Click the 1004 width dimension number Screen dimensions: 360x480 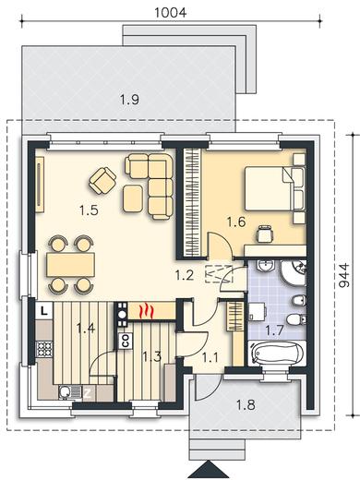pos(170,13)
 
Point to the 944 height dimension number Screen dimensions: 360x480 pos(344,275)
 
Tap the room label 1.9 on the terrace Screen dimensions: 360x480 pos(129,100)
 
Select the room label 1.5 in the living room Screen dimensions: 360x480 pos(89,210)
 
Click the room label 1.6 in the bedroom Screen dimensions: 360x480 pos(236,222)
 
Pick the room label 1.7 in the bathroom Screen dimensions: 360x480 pos(274,331)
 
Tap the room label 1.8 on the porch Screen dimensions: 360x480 pos(246,405)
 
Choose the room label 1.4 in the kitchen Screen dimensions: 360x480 pos(86,329)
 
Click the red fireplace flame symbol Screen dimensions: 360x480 pos(147,311)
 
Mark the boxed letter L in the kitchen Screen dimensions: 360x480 pos(44,310)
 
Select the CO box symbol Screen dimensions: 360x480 pos(126,342)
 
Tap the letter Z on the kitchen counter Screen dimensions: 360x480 pos(88,393)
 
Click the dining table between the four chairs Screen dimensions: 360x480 pos(70,264)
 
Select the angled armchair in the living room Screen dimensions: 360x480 pos(102,181)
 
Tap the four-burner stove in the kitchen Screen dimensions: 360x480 pos(44,349)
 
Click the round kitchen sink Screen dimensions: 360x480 pos(66,392)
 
